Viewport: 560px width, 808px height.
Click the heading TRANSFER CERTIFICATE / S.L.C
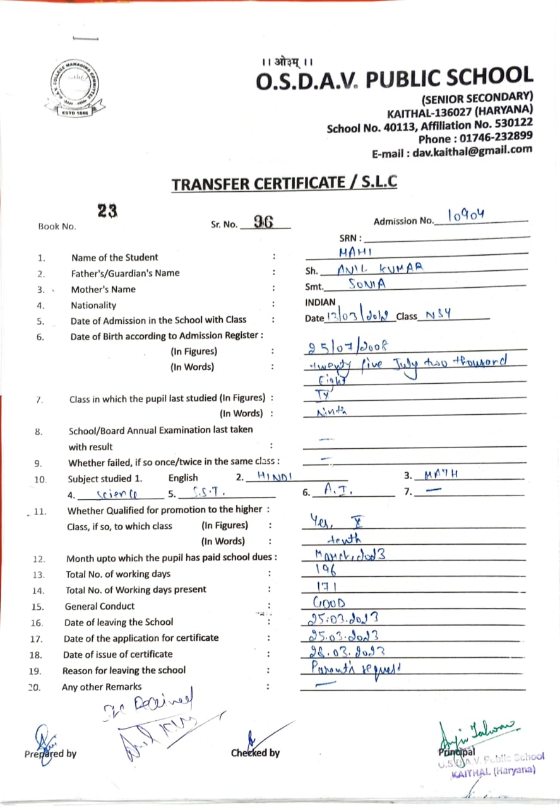pos(285,184)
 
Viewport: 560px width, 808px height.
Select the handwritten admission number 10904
pos(467,217)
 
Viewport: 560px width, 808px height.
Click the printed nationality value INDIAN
pos(320,302)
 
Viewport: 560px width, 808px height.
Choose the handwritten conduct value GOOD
pos(330,603)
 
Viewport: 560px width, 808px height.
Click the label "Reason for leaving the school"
pos(124,670)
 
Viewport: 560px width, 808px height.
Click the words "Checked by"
pos(255,752)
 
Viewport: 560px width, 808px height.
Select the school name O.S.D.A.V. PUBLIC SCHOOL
pos(395,80)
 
